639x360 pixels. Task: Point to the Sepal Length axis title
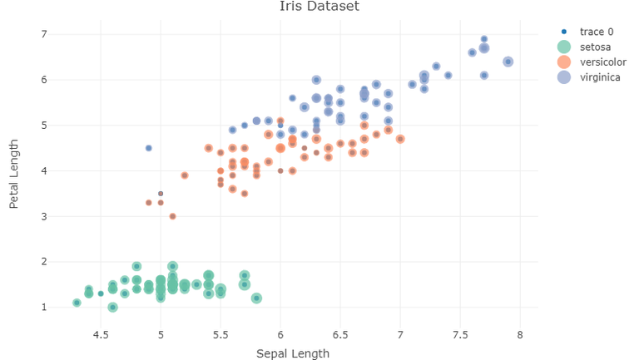(x=292, y=353)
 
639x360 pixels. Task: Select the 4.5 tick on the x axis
(x=101, y=335)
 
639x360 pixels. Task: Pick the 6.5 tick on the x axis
(x=340, y=335)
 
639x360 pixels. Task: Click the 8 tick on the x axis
(x=520, y=335)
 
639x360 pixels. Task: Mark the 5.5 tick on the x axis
(x=220, y=335)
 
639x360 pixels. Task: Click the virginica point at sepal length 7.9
(x=508, y=62)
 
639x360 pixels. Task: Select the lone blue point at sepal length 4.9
(x=149, y=148)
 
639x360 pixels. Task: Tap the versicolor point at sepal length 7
(x=400, y=139)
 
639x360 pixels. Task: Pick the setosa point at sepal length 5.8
(x=256, y=298)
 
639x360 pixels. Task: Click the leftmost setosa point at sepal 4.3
(x=77, y=303)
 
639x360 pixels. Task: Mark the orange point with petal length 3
(x=172, y=216)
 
